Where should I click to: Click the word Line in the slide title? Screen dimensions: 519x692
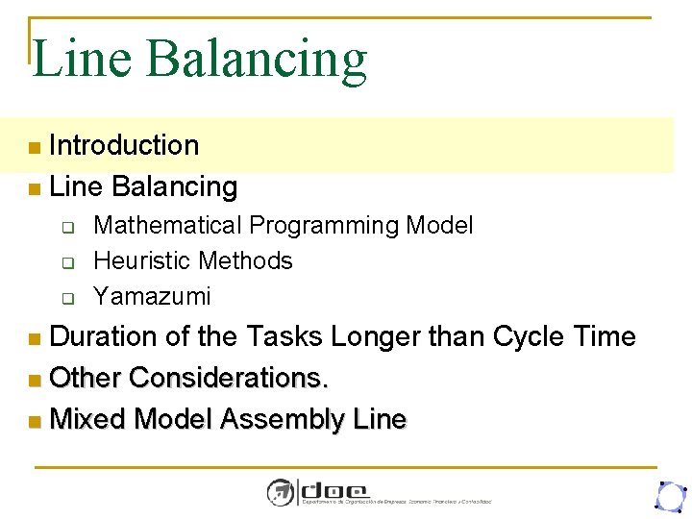82,59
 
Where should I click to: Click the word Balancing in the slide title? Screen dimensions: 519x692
257,60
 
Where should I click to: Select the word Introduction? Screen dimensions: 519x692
124,145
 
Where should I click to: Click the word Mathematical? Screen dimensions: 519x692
167,226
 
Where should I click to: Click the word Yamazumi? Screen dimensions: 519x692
152,296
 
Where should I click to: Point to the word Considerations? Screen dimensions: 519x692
229,378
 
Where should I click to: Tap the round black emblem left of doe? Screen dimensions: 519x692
281,492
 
